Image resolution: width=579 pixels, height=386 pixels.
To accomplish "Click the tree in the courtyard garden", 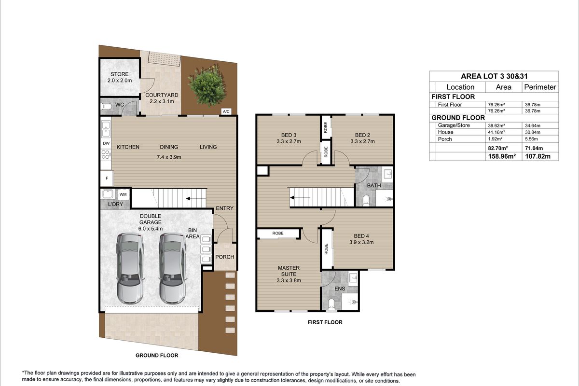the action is [207, 85].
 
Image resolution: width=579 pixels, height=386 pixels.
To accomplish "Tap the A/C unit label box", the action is [226, 111].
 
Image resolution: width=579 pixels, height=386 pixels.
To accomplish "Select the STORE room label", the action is [120, 74].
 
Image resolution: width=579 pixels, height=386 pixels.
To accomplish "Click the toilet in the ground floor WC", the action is [106, 106].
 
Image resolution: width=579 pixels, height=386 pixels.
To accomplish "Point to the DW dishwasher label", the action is [106, 143].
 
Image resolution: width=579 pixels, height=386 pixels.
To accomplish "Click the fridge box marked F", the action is [107, 178].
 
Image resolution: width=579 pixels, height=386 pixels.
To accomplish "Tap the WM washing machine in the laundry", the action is [123, 194].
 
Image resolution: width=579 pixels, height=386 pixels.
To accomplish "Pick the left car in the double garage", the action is [130, 269].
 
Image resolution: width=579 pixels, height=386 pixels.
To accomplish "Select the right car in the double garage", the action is [172, 269].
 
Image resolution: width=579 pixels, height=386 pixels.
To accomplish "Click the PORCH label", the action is [225, 257].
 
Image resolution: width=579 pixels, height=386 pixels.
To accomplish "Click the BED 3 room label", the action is [289, 135].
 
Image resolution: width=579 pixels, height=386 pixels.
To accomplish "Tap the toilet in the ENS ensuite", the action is [331, 304].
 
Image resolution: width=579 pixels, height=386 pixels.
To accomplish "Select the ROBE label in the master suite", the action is [278, 233].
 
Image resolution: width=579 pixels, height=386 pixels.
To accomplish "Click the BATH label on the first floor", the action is [374, 185].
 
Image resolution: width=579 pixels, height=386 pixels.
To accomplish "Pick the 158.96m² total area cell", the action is [502, 156].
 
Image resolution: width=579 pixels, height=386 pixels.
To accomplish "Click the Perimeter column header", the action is [540, 87].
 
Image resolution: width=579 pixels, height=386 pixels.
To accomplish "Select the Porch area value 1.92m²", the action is [495, 139].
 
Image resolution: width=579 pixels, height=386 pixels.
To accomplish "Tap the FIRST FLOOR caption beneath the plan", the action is [325, 322].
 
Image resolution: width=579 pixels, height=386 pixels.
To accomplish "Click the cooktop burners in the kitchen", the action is [106, 154].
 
